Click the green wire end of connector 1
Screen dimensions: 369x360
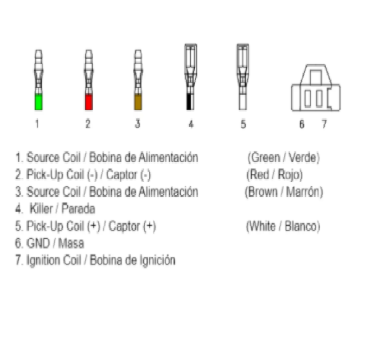coord(38,102)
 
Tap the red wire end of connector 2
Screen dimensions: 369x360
coord(89,102)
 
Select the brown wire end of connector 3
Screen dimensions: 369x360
coord(138,102)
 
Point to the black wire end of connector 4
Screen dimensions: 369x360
coord(189,102)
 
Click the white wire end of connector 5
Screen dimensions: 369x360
coord(243,102)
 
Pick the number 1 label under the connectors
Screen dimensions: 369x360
coord(37,124)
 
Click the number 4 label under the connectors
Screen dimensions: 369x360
coord(191,124)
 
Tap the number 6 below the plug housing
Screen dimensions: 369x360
coord(302,124)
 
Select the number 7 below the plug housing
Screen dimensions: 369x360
coord(324,124)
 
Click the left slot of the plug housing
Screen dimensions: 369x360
coord(307,98)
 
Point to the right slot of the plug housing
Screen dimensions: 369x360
coord(319,98)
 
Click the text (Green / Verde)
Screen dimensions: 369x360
coord(284,158)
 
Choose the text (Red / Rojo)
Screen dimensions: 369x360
coord(274,175)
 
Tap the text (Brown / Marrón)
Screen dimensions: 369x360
coord(284,192)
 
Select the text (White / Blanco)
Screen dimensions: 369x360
coord(283,226)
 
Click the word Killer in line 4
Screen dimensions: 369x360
coord(41,209)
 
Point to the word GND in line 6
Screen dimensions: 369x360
coord(38,243)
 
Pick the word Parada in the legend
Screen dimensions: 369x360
coord(78,209)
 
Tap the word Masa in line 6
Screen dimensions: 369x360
coord(71,243)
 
